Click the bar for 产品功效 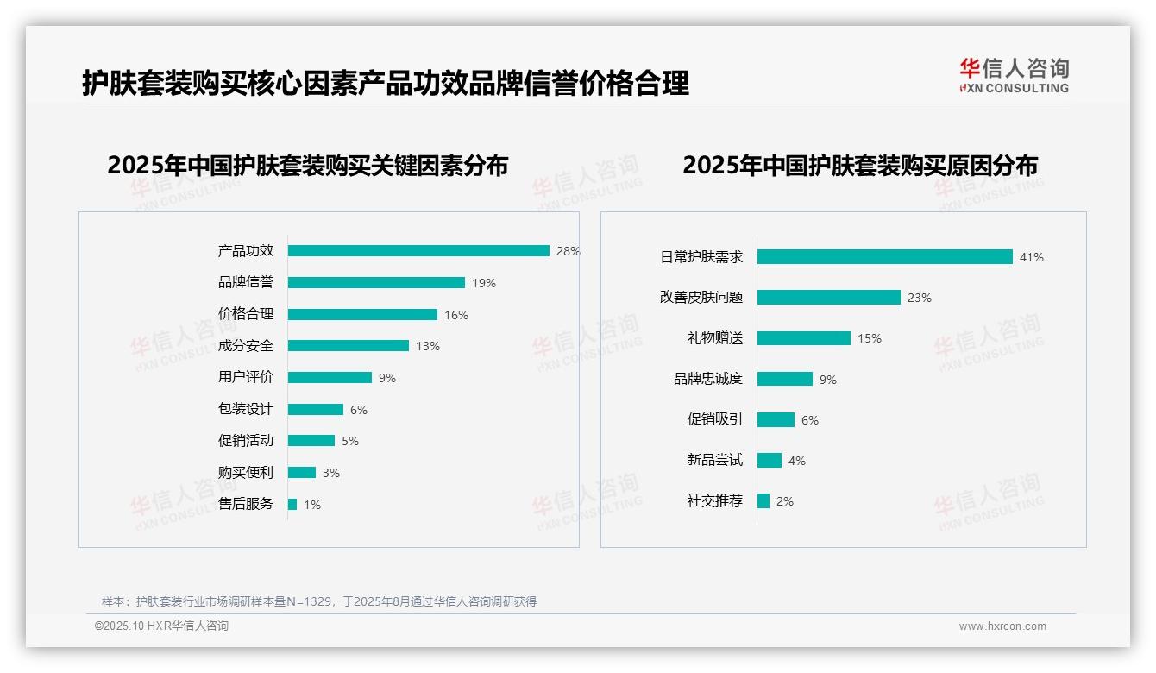[418, 251]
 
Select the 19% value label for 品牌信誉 [484, 283]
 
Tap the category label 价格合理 [246, 314]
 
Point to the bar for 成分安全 [349, 346]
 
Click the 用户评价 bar [330, 378]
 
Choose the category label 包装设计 [246, 409]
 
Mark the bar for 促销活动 [311, 441]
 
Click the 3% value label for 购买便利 [331, 473]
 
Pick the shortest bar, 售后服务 [292, 505]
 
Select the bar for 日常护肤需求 [884, 257]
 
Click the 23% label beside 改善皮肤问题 [920, 298]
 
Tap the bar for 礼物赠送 [804, 338]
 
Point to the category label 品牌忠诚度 [708, 379]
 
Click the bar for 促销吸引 [776, 419]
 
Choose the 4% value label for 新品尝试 [797, 461]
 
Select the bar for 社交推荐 [763, 500]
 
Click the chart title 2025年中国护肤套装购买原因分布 [860, 166]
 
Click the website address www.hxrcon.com [1002, 626]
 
